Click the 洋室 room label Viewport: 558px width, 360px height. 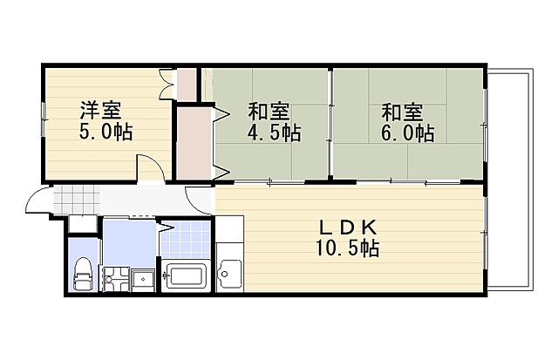point(101,111)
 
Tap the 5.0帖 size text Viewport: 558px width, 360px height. point(105,132)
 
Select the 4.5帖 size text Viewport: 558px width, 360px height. point(274,133)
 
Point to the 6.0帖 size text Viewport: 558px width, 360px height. point(407,133)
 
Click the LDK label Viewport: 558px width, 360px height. point(347,227)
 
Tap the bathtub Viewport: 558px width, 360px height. point(186,275)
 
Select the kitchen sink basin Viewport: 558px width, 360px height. point(229,274)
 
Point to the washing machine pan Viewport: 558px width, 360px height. point(116,279)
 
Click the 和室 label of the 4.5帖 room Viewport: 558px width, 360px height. point(269,112)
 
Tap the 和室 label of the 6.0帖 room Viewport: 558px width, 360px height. point(402,112)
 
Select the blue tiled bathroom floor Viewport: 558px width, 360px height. point(186,239)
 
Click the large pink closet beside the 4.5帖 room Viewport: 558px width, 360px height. point(194,143)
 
